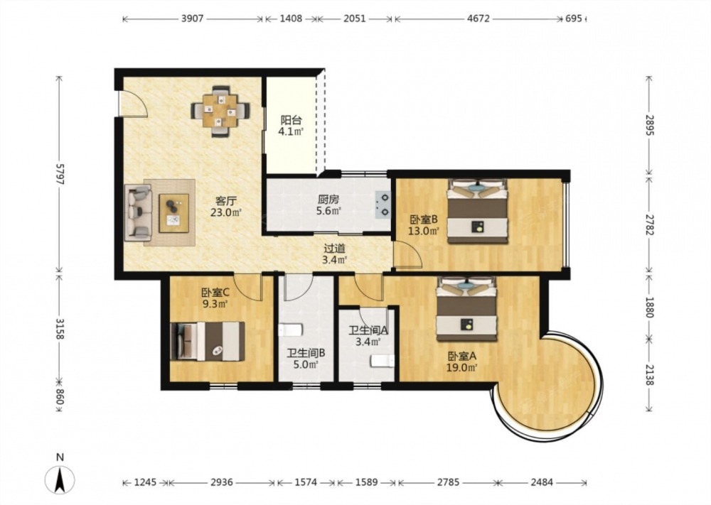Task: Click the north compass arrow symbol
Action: pos(60,479)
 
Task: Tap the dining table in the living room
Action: pos(220,111)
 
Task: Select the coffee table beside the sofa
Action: pos(173,213)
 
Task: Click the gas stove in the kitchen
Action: pos(383,205)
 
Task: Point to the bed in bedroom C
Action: pos(207,341)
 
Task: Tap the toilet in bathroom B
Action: pos(290,330)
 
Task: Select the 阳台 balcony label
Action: pos(291,121)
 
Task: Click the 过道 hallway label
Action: pos(335,248)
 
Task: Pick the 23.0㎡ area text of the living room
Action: pos(225,212)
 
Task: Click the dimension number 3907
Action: pos(192,18)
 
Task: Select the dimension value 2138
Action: pos(649,375)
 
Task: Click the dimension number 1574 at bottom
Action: pos(306,482)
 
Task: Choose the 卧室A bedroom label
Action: pos(461,357)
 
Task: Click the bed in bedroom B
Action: pos(477,211)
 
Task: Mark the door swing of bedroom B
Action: pos(407,254)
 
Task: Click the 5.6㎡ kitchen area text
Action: pos(328,211)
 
